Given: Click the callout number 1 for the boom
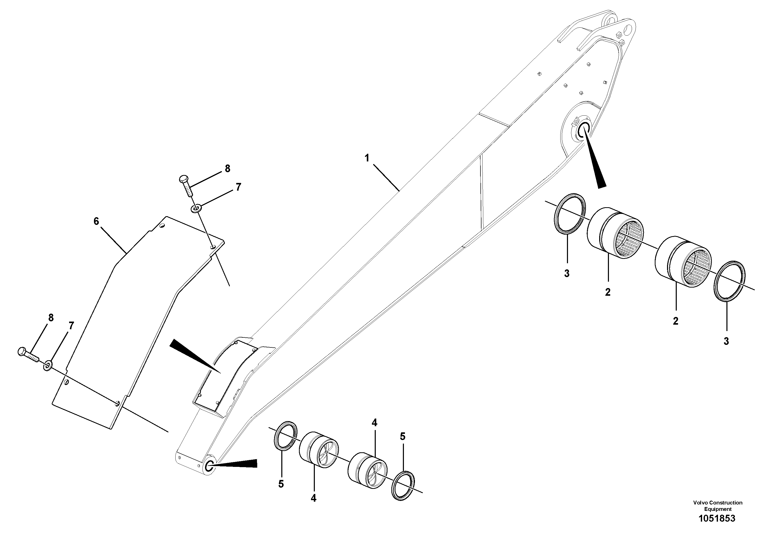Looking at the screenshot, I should (x=367, y=158).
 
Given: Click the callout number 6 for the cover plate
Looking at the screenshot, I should (x=96, y=221).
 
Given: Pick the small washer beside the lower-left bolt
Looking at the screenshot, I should (x=47, y=366).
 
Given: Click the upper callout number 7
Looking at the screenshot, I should (x=238, y=188).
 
